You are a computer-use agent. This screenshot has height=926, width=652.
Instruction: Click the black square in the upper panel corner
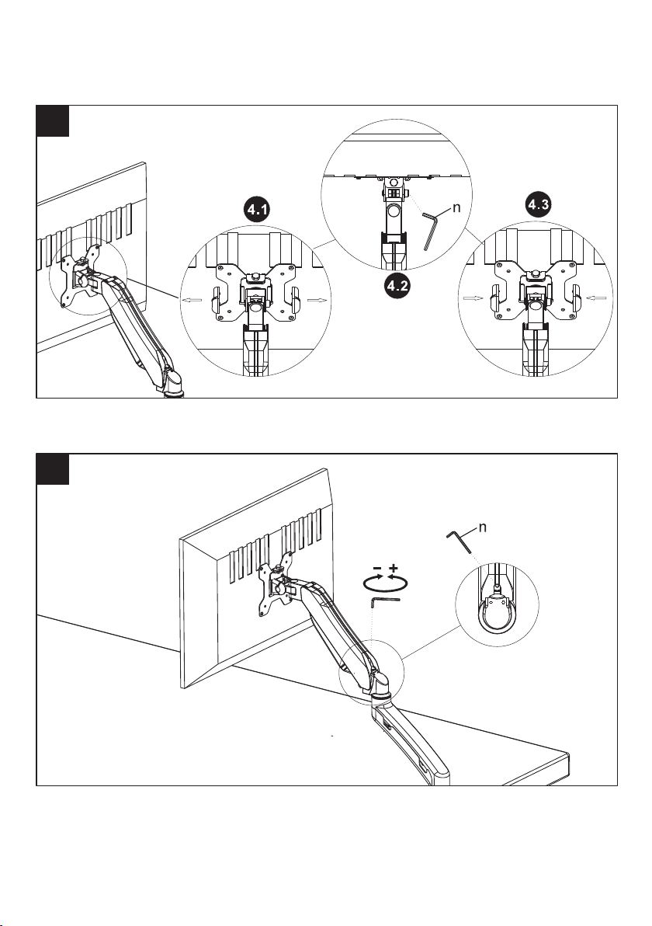pos(54,121)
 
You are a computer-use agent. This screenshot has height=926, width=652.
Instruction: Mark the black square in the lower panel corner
pos(54,469)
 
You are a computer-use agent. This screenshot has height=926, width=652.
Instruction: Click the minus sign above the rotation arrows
pos(375,569)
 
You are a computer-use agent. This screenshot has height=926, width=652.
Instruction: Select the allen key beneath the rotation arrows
pos(384,598)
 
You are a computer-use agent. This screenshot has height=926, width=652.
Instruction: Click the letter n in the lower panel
pos(482,527)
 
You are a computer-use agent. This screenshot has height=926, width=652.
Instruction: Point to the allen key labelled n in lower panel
pos(460,541)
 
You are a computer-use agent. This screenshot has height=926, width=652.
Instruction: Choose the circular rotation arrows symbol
pos(384,581)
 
